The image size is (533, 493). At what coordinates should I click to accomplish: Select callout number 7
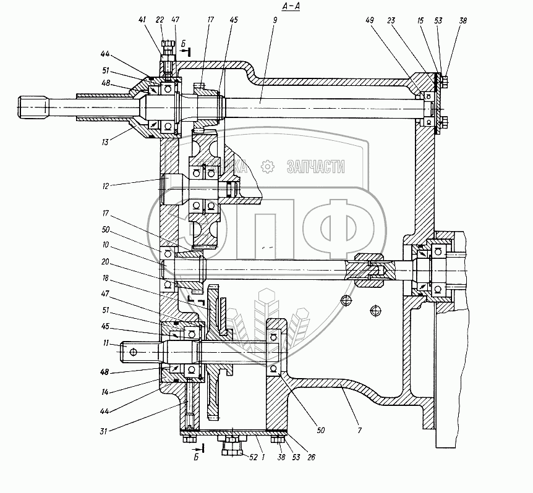[x=360, y=428]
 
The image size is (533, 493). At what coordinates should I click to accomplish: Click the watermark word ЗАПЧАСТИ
[x=315, y=167]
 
